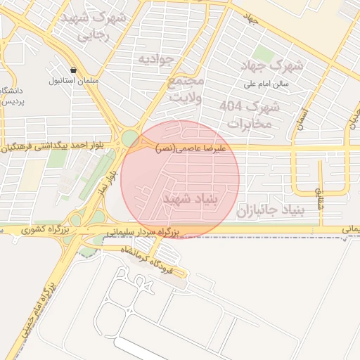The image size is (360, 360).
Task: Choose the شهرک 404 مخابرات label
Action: [250, 115]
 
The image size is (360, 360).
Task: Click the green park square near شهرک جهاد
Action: [264, 53]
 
